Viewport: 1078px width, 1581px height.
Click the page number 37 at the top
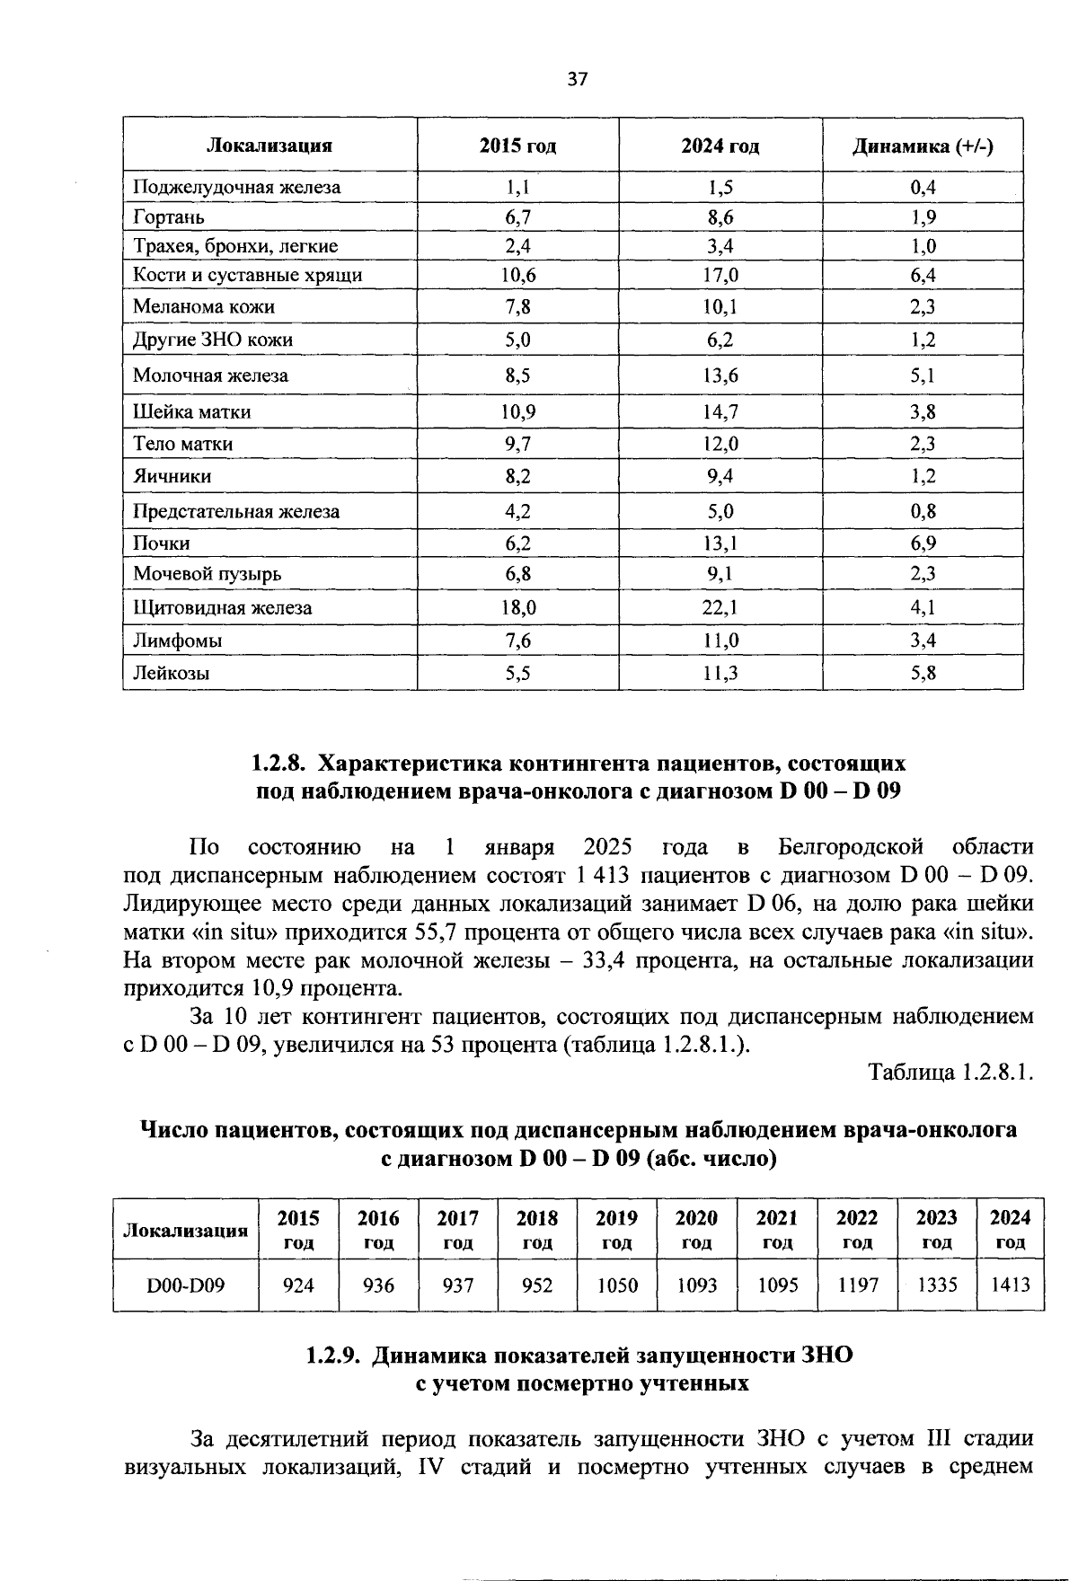(x=577, y=79)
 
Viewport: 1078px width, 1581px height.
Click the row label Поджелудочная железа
(x=237, y=188)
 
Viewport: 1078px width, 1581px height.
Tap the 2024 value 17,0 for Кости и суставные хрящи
(x=720, y=275)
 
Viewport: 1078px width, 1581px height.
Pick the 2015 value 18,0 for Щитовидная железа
(x=517, y=608)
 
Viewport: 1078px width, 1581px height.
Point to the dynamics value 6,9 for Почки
(x=923, y=543)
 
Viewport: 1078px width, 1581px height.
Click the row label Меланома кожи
(x=204, y=307)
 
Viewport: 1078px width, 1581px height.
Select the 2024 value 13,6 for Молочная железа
(x=720, y=375)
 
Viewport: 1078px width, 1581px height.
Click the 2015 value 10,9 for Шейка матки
(x=517, y=412)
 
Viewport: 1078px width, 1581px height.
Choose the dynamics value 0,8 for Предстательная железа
(x=923, y=512)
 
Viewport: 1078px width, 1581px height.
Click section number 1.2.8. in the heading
(x=279, y=764)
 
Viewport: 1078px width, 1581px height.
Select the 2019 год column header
(x=617, y=1230)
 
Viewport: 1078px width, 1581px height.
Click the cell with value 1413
(x=1010, y=1285)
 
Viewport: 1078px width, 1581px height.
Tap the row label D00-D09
(x=186, y=1285)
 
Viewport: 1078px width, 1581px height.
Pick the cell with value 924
(x=298, y=1285)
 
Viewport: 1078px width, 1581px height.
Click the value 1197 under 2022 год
(x=857, y=1285)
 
